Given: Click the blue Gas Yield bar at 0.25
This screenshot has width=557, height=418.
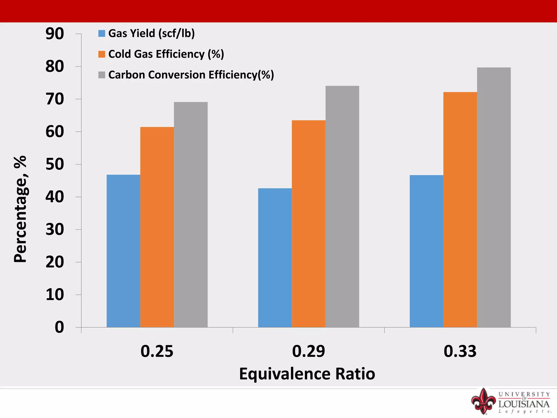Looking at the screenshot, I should [x=123, y=251].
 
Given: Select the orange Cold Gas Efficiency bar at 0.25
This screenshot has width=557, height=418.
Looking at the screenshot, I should [x=157, y=227].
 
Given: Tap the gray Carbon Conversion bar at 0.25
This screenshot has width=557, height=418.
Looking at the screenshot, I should [x=191, y=215].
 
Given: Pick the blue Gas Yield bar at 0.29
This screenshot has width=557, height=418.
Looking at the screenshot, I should [x=275, y=258].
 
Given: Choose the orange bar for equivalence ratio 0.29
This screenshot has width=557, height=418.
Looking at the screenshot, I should [x=308, y=224].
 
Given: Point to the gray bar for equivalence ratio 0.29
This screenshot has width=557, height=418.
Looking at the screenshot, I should [x=342, y=207].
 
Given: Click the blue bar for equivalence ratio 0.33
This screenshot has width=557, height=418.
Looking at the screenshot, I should [x=426, y=251].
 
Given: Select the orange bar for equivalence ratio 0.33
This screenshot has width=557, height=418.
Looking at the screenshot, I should [x=460, y=210].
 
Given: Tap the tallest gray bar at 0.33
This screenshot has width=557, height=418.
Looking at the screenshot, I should [x=494, y=197].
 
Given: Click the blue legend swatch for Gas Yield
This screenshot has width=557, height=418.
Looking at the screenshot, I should [x=102, y=33].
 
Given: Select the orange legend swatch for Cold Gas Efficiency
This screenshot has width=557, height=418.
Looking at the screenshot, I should [x=102, y=54].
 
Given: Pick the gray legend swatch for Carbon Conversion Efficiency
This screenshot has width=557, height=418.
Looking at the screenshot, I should [x=102, y=75].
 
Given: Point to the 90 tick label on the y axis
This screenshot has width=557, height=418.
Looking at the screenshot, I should [x=55, y=34].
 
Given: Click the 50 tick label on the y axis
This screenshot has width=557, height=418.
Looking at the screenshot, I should [x=55, y=164].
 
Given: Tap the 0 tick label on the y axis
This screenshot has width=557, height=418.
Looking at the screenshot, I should [x=59, y=327].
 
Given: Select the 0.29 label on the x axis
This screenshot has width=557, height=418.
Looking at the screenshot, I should [x=308, y=351].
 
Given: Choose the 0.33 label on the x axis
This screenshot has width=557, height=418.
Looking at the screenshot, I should [x=460, y=351].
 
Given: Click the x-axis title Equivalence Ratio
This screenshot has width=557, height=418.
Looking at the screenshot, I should [x=307, y=374].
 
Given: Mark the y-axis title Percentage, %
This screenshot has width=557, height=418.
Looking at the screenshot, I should [x=20, y=209].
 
